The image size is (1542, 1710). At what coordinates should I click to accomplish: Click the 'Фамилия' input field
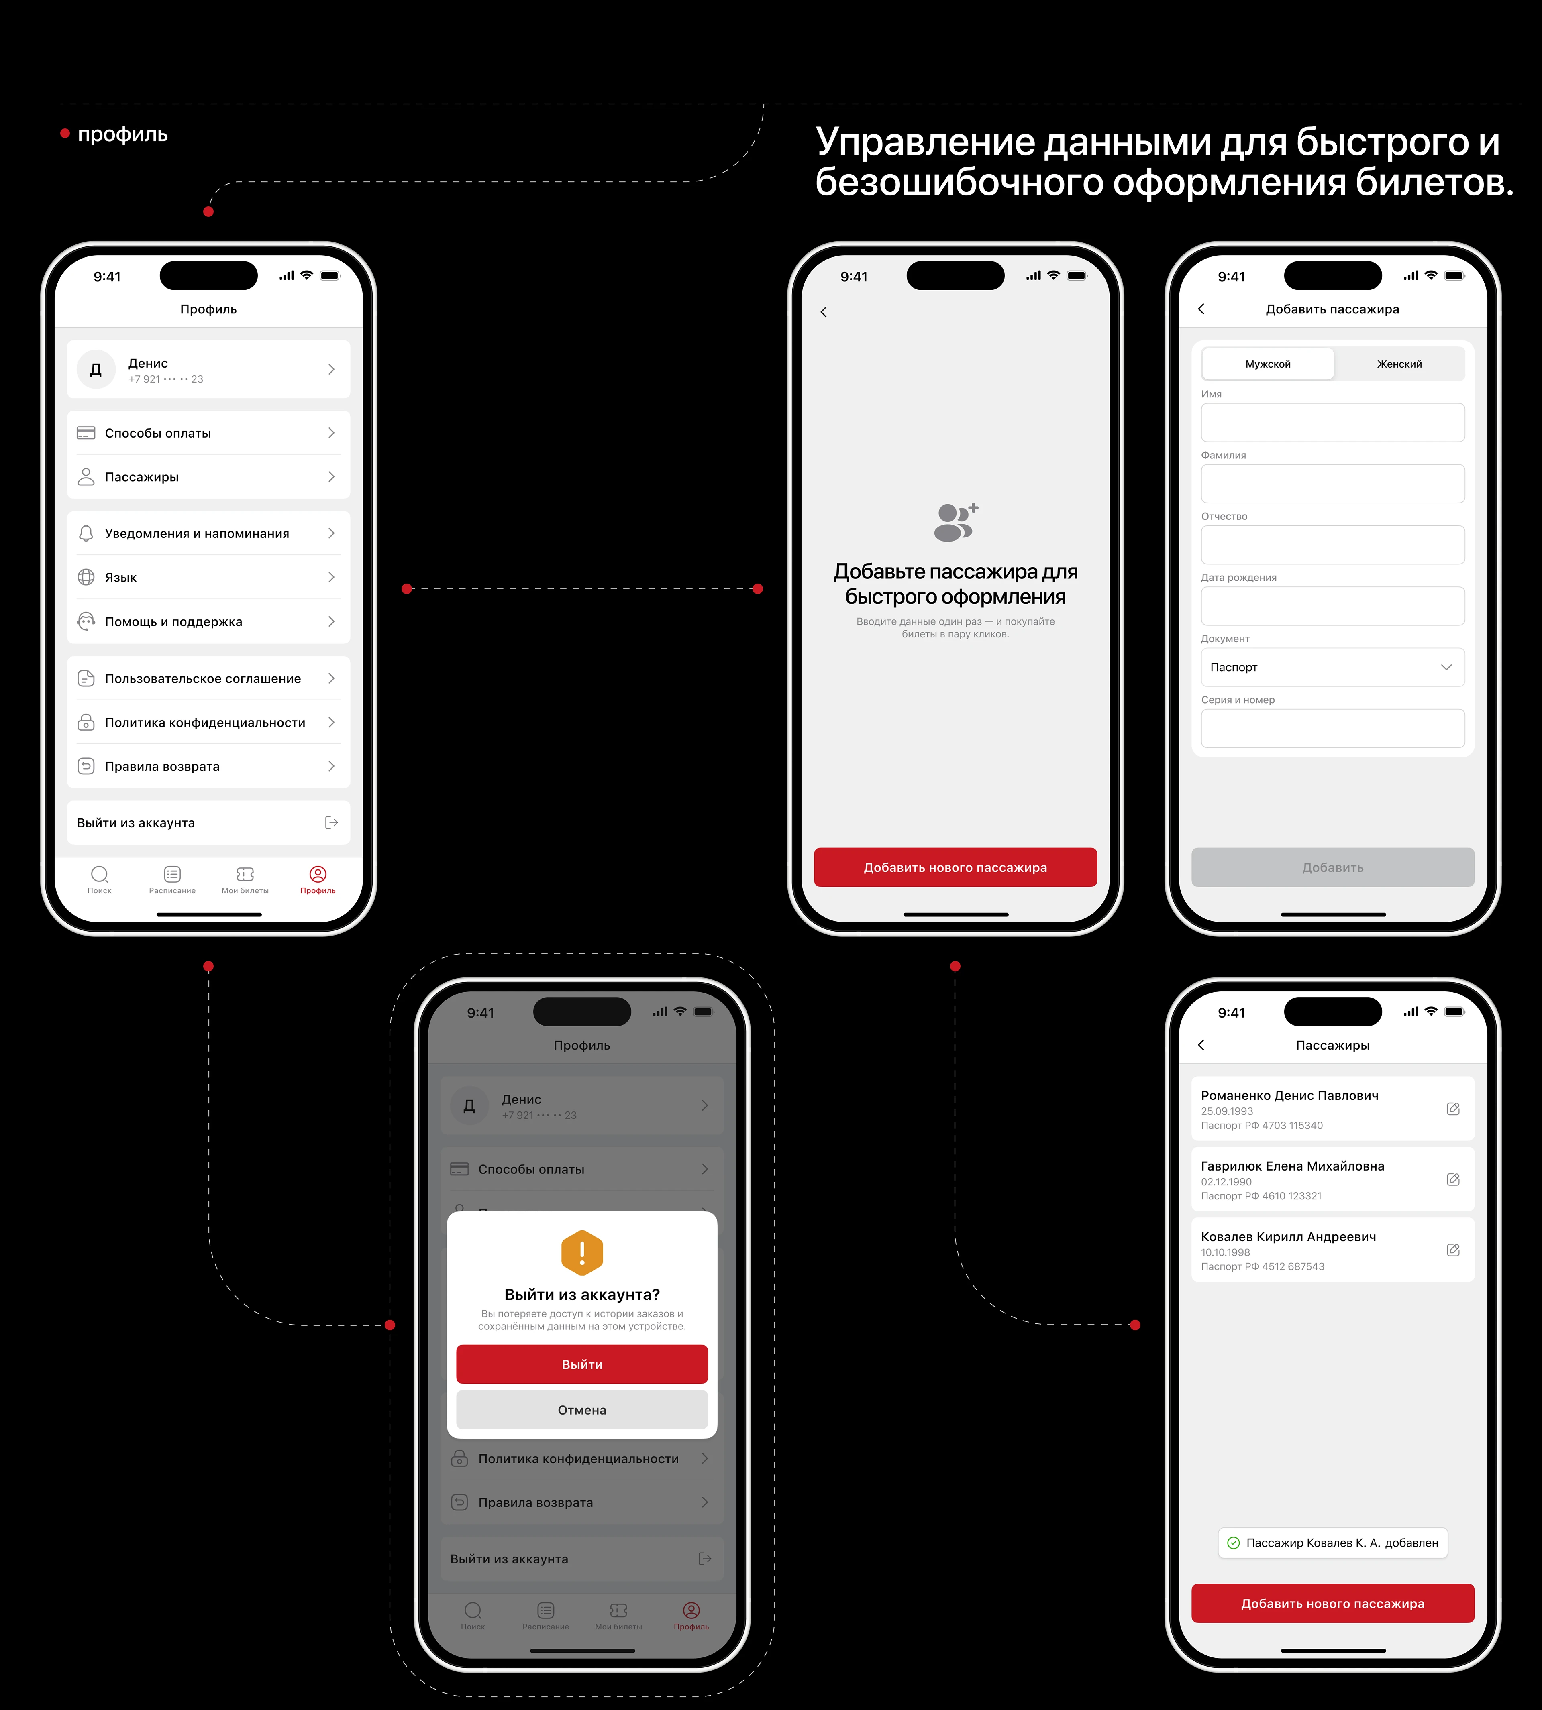pos(1332,484)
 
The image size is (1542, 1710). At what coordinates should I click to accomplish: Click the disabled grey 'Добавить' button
pos(1332,867)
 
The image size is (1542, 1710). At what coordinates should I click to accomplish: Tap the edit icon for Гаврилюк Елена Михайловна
pos(1452,1179)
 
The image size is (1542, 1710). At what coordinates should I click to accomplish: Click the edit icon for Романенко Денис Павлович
pos(1452,1109)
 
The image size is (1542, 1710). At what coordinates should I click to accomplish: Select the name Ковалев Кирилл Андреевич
pos(1288,1237)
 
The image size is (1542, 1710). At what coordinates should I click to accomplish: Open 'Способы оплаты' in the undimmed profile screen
pos(208,433)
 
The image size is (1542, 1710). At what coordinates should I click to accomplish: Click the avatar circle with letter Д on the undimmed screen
pos(96,369)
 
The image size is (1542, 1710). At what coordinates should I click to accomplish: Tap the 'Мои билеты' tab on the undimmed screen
pos(245,879)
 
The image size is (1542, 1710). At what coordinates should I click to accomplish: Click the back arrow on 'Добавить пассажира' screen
pos(1201,309)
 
